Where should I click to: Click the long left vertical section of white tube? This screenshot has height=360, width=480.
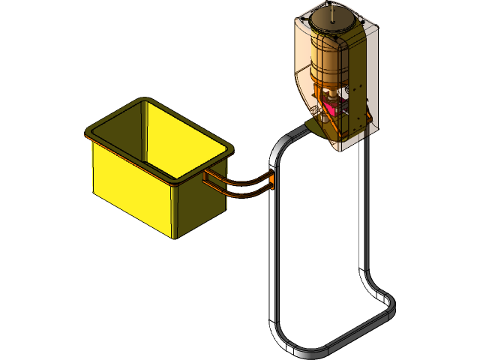click(x=271, y=255)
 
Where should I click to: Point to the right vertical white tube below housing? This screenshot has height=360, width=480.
click(x=364, y=210)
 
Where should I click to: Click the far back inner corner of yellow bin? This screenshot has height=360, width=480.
click(x=142, y=105)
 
